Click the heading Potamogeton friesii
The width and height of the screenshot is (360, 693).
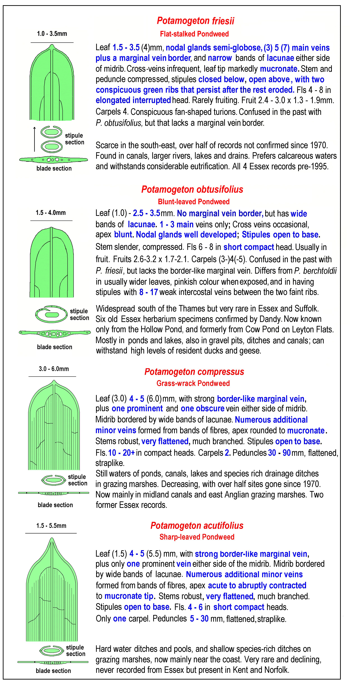coord(196,21)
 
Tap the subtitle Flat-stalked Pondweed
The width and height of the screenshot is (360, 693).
coord(194,34)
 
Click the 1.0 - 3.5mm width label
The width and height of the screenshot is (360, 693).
coord(52,34)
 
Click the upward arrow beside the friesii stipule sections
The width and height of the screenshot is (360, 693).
coord(34,138)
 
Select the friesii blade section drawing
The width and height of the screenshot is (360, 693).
coord(54,160)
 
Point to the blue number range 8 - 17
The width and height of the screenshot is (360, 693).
coord(148,292)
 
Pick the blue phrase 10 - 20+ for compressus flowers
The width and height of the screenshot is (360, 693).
coord(121,453)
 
